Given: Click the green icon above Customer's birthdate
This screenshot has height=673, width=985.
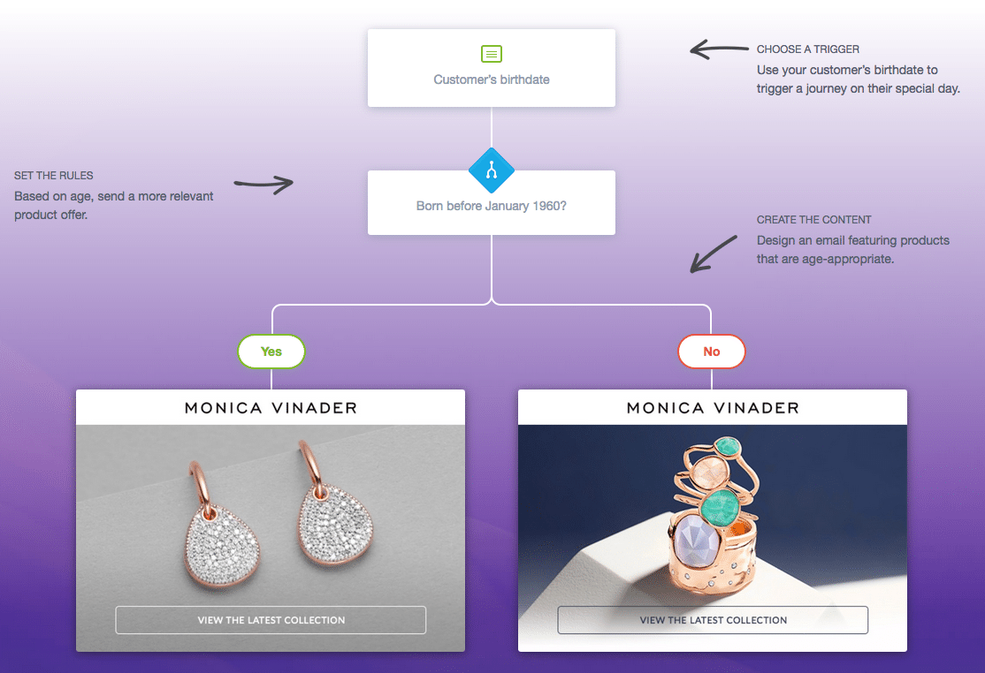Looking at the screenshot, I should pos(492,54).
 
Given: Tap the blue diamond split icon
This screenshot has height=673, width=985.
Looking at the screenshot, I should pos(492,170).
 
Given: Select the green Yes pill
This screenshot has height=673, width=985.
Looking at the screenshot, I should pos(271,352).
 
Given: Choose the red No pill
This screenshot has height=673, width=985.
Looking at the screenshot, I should pos(712,352).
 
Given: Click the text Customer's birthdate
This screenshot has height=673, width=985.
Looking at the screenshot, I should pos(492,79).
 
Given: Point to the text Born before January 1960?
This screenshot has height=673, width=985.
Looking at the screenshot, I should pos(492,207).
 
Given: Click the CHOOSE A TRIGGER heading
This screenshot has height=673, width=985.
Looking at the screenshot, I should pos(807,49).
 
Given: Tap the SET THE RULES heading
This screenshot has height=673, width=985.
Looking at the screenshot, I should pos(54,176).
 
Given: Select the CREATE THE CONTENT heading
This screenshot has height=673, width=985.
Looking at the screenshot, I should pos(813,220).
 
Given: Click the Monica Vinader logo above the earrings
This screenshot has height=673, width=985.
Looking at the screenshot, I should pos(271,408).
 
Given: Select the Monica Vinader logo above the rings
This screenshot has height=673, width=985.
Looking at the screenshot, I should pos(713,408).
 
